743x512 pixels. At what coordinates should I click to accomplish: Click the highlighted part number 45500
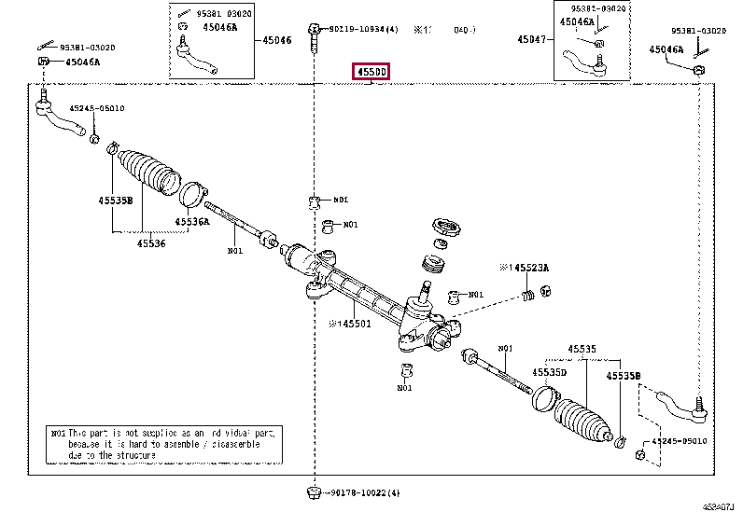point(370,72)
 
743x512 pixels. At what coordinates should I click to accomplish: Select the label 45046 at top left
point(276,40)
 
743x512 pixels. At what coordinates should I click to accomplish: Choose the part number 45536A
point(192,222)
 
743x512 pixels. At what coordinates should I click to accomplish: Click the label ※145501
point(349,324)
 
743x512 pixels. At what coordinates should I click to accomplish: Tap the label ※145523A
point(525,268)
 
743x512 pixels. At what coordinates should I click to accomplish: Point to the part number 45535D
point(550,372)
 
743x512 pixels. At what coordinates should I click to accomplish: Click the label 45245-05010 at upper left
point(94,108)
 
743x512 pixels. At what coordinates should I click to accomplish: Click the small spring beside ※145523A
point(529,296)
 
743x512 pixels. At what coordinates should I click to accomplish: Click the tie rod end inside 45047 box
point(583,63)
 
